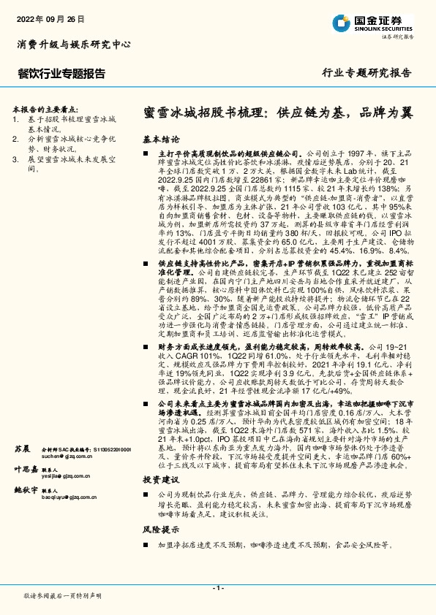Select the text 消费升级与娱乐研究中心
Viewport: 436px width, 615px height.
(73, 45)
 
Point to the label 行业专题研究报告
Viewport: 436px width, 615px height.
(367, 74)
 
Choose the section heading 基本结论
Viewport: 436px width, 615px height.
(160, 138)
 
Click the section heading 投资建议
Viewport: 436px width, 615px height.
(160, 479)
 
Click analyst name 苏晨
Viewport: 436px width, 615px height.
(22, 447)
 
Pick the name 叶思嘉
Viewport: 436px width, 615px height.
(25, 469)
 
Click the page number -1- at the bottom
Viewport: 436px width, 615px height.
(217, 588)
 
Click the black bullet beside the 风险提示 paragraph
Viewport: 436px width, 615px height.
(149, 544)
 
